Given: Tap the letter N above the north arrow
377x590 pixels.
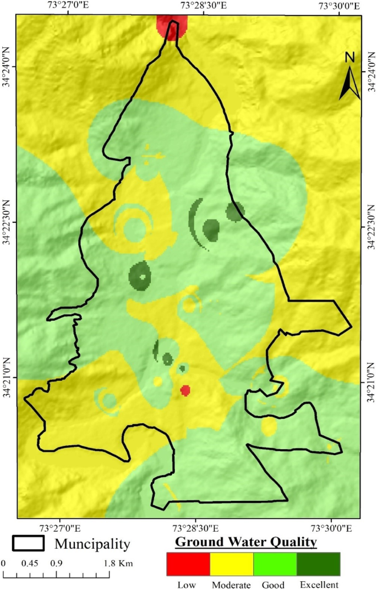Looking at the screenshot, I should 349,57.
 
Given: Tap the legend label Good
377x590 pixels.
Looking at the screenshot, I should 273,584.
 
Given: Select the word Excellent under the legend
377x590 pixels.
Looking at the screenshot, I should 319,584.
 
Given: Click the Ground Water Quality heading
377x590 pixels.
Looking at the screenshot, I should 246,542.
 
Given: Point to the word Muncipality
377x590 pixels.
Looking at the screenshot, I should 92,544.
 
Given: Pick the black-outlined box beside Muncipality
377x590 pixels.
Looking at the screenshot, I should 28,543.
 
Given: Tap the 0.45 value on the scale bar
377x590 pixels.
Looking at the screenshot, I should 30,564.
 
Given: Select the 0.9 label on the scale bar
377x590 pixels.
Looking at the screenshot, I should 56,564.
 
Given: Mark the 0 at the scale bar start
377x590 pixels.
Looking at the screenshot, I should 3,564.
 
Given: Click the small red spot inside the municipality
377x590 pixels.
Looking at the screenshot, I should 185,390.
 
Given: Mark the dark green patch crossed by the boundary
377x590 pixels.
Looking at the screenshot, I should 235,211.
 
